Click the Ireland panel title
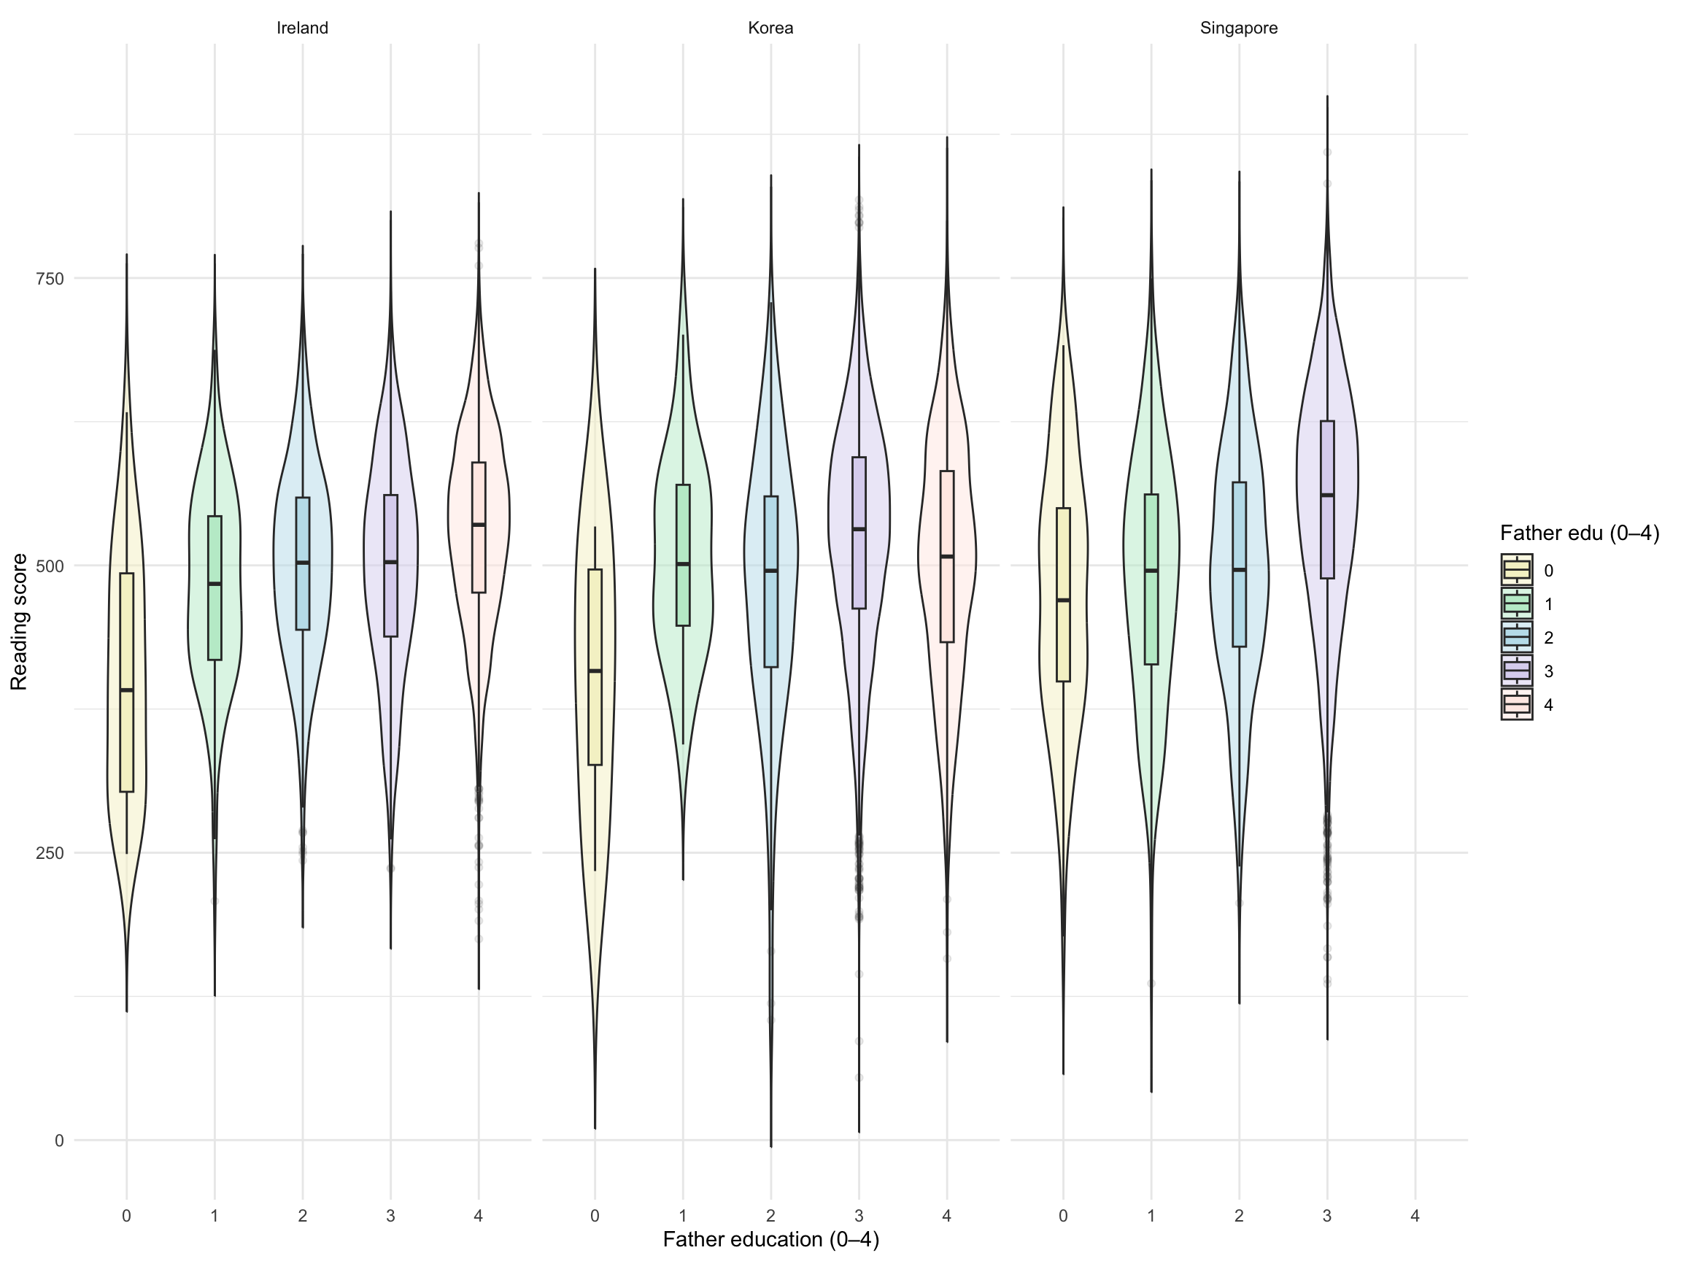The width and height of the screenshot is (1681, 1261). [303, 28]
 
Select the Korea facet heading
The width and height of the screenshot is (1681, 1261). [770, 28]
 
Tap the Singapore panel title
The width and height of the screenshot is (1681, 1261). [1239, 28]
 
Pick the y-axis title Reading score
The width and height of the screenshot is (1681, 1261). [19, 622]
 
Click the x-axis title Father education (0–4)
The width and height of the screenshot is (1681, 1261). [770, 1240]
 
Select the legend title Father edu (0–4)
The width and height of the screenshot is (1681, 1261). [1579, 533]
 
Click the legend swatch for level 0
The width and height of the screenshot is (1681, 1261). [1516, 570]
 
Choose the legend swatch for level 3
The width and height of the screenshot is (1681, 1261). [1516, 671]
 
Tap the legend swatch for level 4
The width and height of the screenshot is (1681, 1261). [1516, 706]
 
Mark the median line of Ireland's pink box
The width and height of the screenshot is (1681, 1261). [479, 525]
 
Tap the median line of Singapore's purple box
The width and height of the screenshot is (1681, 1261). [1328, 495]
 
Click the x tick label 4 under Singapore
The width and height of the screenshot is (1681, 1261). [1415, 1216]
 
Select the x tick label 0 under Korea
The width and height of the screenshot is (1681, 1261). [595, 1216]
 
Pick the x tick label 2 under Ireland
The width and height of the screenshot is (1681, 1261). [303, 1216]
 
